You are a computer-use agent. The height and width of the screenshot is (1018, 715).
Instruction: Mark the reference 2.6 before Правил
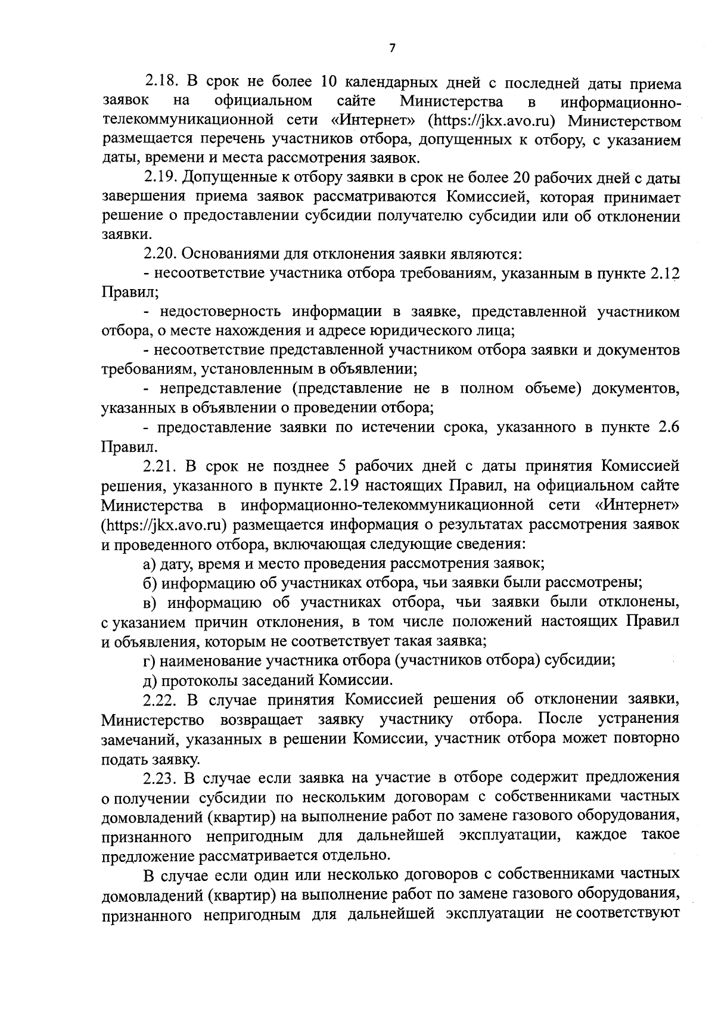point(669,427)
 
